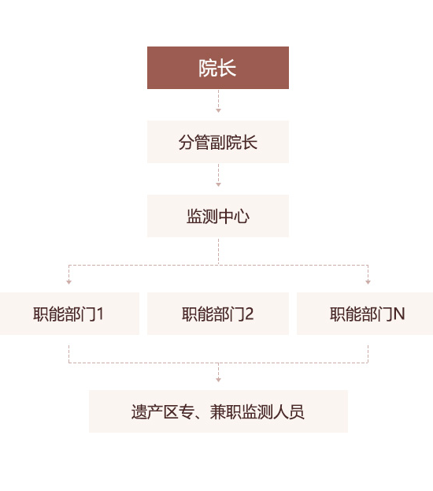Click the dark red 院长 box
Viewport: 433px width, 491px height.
[x=218, y=68]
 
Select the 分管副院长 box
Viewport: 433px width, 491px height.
[x=218, y=142]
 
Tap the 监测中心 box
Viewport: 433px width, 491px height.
[x=218, y=216]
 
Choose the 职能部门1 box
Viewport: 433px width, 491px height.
[x=69, y=314]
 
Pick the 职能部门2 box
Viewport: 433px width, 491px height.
[x=218, y=314]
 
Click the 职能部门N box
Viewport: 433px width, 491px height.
[x=365, y=314]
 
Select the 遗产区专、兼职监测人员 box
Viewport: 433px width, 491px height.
[x=218, y=411]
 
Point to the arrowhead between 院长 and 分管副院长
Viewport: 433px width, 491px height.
[x=218, y=110]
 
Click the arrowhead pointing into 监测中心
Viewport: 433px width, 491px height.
[x=218, y=184]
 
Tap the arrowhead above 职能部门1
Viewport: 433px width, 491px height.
[x=68, y=282]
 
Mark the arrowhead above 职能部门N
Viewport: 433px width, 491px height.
[x=368, y=282]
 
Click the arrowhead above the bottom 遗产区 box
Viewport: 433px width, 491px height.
[x=218, y=380]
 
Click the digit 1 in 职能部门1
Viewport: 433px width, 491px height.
[x=100, y=314]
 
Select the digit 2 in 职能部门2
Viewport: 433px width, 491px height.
[x=250, y=314]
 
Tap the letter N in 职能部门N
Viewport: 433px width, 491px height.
[x=399, y=314]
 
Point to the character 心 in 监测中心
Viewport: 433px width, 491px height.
[x=242, y=217]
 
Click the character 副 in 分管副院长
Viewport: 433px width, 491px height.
[x=218, y=143]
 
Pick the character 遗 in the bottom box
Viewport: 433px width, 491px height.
[x=139, y=412]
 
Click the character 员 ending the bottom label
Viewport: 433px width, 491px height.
[x=297, y=412]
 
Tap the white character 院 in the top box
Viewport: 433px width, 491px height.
[x=208, y=69]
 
